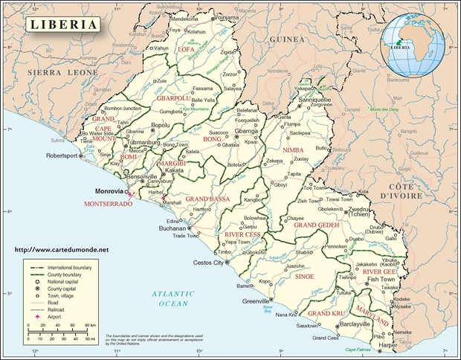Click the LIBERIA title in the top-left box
(63, 24)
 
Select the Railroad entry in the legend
(59, 309)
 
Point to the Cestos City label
(208, 263)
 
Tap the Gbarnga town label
(246, 131)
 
